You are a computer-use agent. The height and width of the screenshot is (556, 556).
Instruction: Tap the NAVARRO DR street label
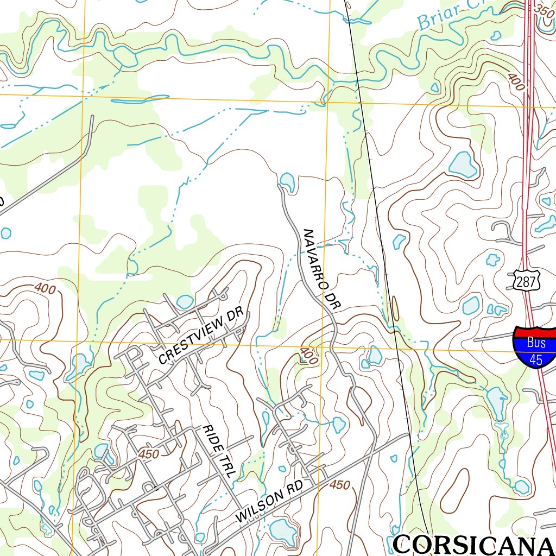320,270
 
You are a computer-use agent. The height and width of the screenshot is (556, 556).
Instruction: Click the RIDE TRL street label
219,451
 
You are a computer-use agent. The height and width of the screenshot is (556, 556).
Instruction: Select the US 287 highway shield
526,281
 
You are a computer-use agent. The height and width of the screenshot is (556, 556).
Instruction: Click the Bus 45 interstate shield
535,348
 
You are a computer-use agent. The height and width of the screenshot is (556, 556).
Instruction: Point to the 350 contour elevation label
544,10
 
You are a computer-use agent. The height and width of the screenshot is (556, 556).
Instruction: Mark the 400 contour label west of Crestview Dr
45,288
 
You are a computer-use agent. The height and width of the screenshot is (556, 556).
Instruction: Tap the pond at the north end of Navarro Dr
287,181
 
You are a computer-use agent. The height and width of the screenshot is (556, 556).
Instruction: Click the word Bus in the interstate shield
536,343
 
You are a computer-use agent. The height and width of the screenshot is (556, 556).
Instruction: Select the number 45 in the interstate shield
536,359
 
